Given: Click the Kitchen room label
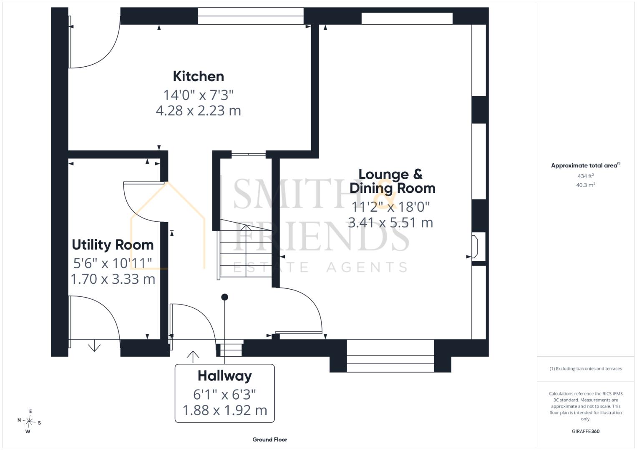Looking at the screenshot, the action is coord(198,76).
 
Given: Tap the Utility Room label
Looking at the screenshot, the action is coord(113,245).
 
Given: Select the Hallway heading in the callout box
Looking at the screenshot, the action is coord(225,376).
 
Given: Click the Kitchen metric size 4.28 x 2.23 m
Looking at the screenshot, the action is coord(198,110).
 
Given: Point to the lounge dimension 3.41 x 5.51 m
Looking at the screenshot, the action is coord(390,222).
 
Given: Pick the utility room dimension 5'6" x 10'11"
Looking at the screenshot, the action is coord(113,263).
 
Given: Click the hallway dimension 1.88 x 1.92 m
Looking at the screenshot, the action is coord(225,410).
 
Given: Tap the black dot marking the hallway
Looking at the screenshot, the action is coord(225,297).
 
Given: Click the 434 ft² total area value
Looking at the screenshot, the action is coord(586,176).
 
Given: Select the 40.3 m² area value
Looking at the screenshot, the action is coord(586,185).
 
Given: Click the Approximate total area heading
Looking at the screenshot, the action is coord(586,165).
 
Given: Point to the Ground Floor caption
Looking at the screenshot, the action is coord(270,440).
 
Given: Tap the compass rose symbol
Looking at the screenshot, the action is coord(29,421).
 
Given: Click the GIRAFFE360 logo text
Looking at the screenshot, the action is coord(586,431).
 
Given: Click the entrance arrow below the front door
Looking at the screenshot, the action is coord(193,357).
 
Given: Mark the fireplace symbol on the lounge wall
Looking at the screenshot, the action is coord(475,246).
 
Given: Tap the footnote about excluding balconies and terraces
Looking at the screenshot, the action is coord(586,369).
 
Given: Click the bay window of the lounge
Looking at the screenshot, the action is coord(390,356).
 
